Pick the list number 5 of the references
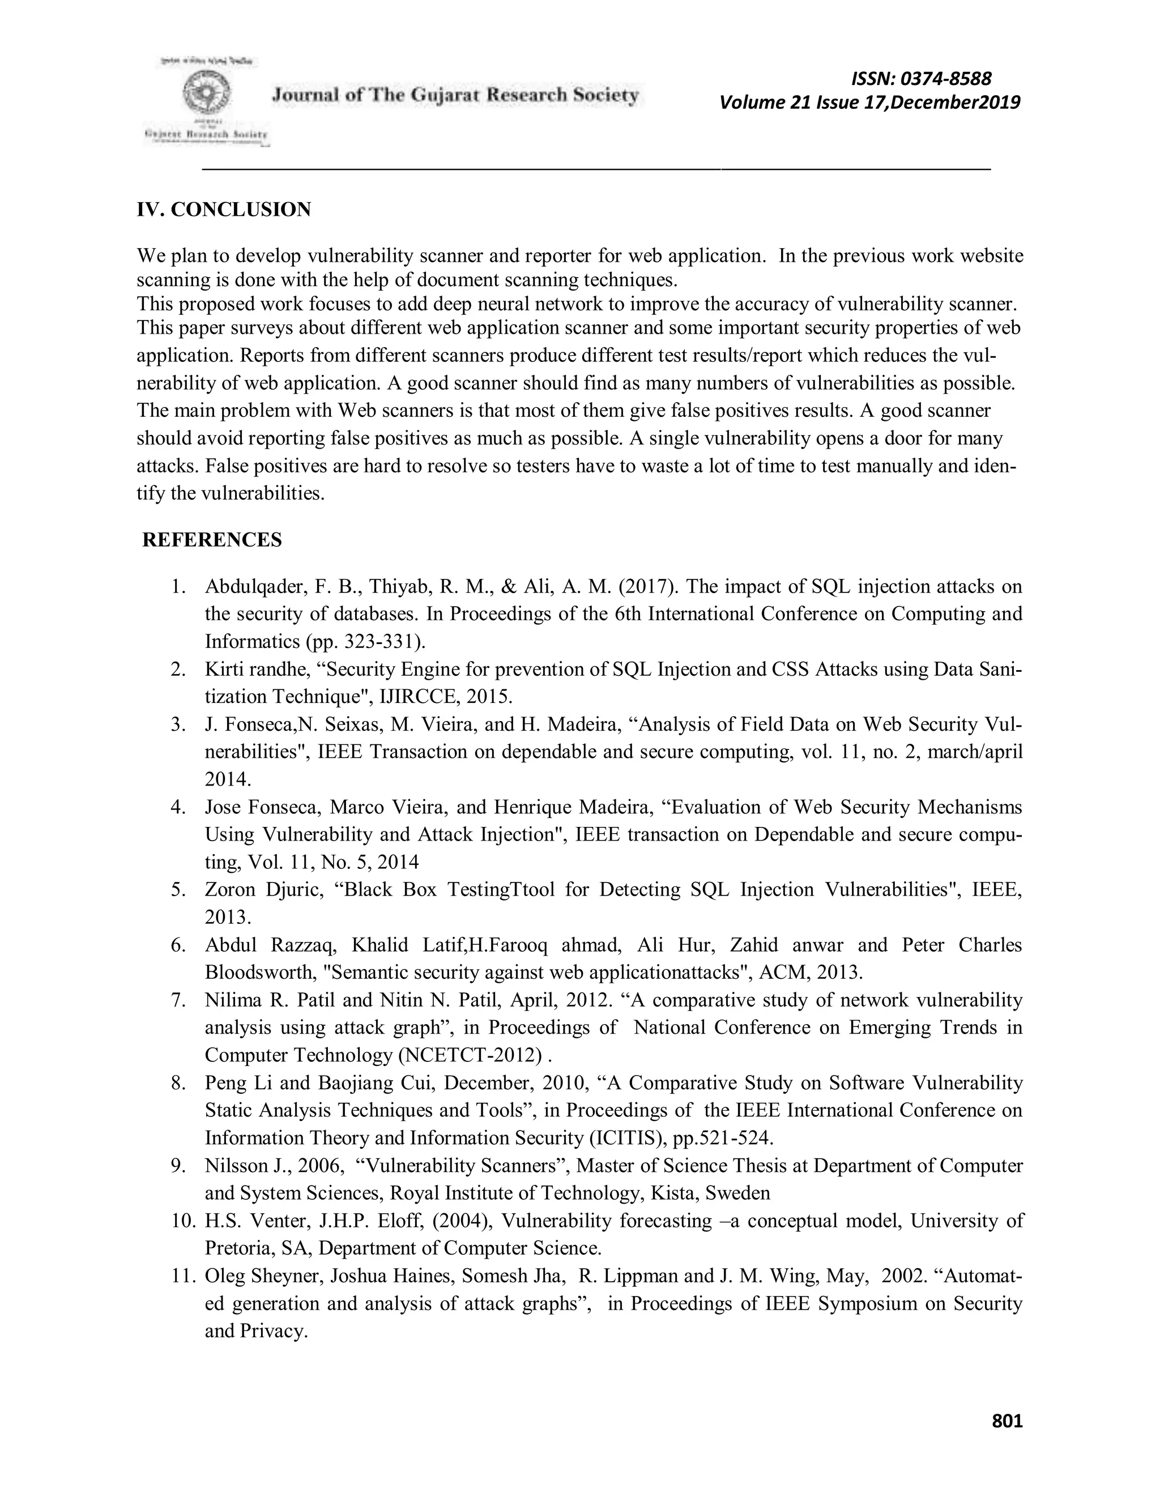click(178, 889)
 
